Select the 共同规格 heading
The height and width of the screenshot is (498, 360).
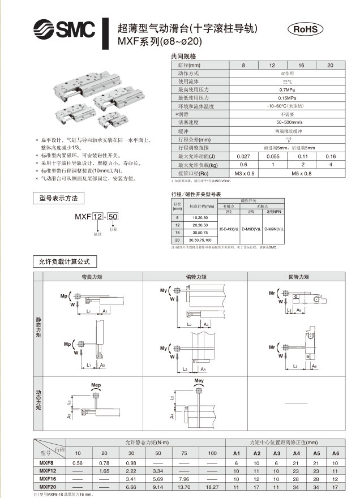(x=183, y=57)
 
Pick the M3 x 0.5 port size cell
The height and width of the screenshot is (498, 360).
(x=244, y=173)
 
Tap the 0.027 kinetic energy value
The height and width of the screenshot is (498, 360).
(x=244, y=156)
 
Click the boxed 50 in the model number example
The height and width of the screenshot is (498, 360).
(x=113, y=217)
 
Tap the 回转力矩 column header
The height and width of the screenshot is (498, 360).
(x=298, y=277)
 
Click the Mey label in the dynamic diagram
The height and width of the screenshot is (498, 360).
(x=199, y=381)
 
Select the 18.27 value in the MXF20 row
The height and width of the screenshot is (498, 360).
(x=212, y=486)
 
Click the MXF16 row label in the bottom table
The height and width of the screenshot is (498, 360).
(x=48, y=478)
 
